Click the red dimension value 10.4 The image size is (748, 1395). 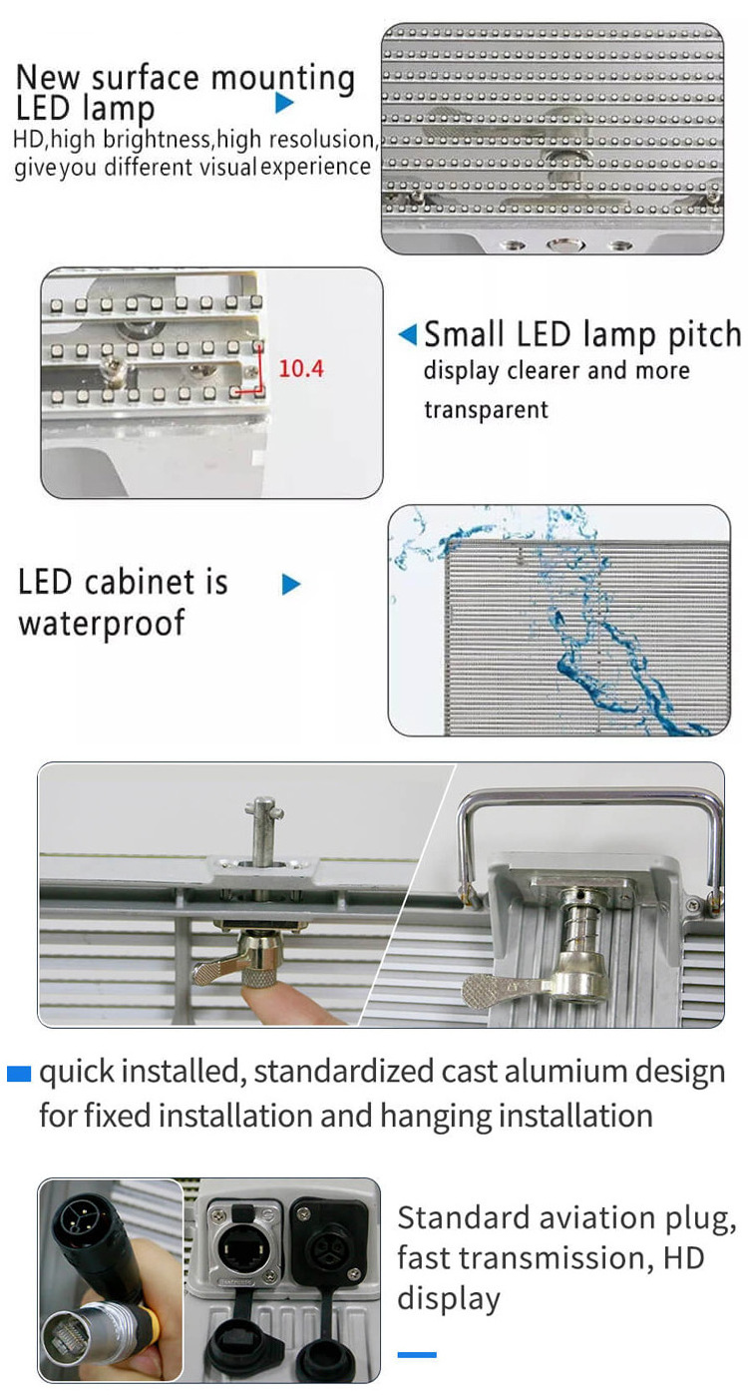(300, 368)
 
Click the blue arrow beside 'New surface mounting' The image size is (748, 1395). (284, 103)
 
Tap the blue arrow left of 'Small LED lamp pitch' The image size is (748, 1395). (408, 334)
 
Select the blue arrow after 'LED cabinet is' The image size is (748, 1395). (291, 584)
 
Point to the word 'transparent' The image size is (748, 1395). (486, 410)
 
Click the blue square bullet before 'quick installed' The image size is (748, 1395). (19, 1073)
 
